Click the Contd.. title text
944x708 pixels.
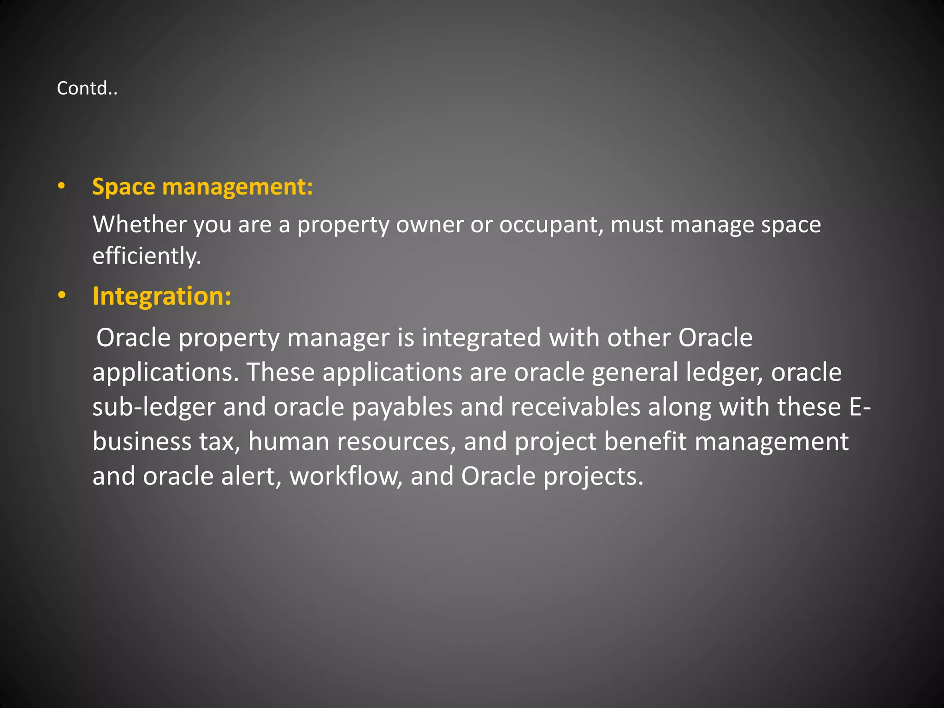pos(87,88)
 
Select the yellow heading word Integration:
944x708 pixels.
pos(162,296)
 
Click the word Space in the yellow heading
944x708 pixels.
pos(124,187)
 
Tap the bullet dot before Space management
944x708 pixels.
pos(61,187)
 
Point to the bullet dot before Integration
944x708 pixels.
pos(62,295)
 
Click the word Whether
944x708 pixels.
pos(139,224)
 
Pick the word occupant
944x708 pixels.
pos(551,225)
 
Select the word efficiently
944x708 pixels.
pos(147,256)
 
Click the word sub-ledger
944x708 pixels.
pos(154,407)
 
